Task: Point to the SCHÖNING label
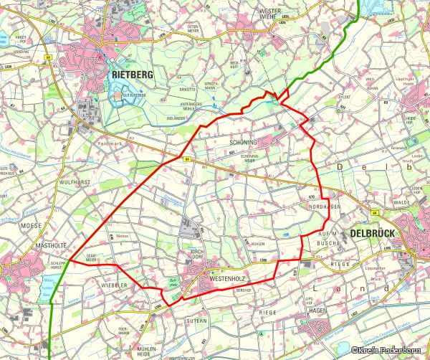click(242, 143)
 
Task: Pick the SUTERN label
click(196, 324)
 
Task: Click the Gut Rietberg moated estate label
click(133, 95)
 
